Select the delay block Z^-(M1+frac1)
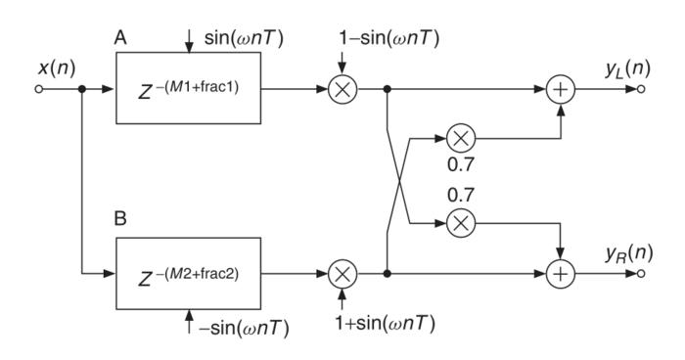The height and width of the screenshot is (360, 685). pyautogui.click(x=188, y=90)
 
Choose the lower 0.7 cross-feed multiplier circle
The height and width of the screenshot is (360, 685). pyautogui.click(x=460, y=223)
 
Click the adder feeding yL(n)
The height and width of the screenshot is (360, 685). pyautogui.click(x=561, y=90)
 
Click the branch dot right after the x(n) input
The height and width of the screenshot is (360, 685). pyautogui.click(x=81, y=90)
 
